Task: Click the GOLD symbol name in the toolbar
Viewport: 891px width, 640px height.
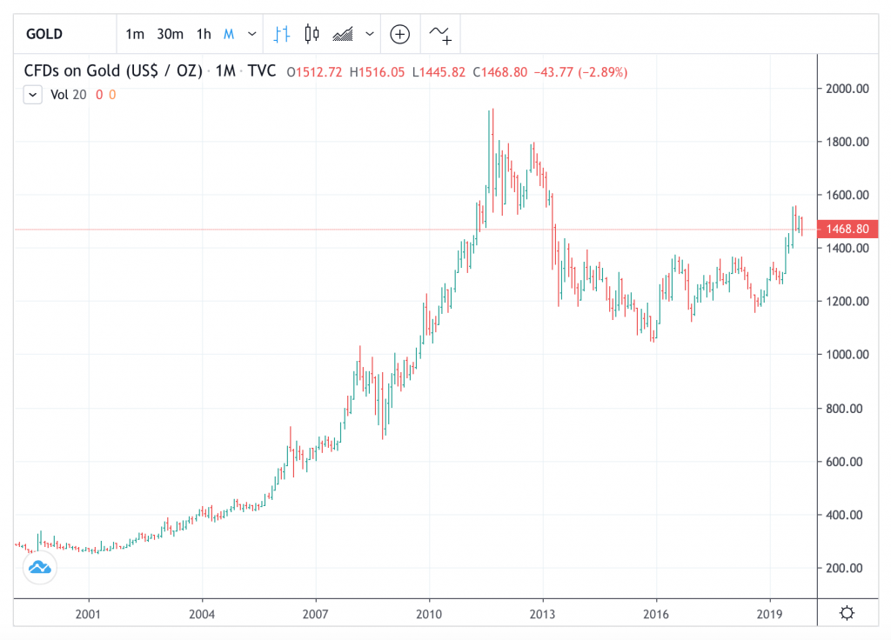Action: coord(44,34)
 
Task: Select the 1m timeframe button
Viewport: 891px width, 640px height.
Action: coord(135,34)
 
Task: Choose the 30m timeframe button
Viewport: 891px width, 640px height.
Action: coord(170,34)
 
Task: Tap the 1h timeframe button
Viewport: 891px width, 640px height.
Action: coord(204,34)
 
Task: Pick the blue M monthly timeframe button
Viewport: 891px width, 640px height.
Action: coord(229,34)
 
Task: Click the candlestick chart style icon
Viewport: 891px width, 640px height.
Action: coord(312,34)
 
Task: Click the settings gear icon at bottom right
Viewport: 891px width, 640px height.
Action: coord(847,613)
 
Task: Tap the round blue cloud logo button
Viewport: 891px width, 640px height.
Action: coord(39,568)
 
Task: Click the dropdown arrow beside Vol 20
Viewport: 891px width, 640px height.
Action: coord(33,95)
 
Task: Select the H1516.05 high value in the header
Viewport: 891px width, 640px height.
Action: coord(377,71)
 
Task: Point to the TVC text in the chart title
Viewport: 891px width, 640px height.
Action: coord(262,71)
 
